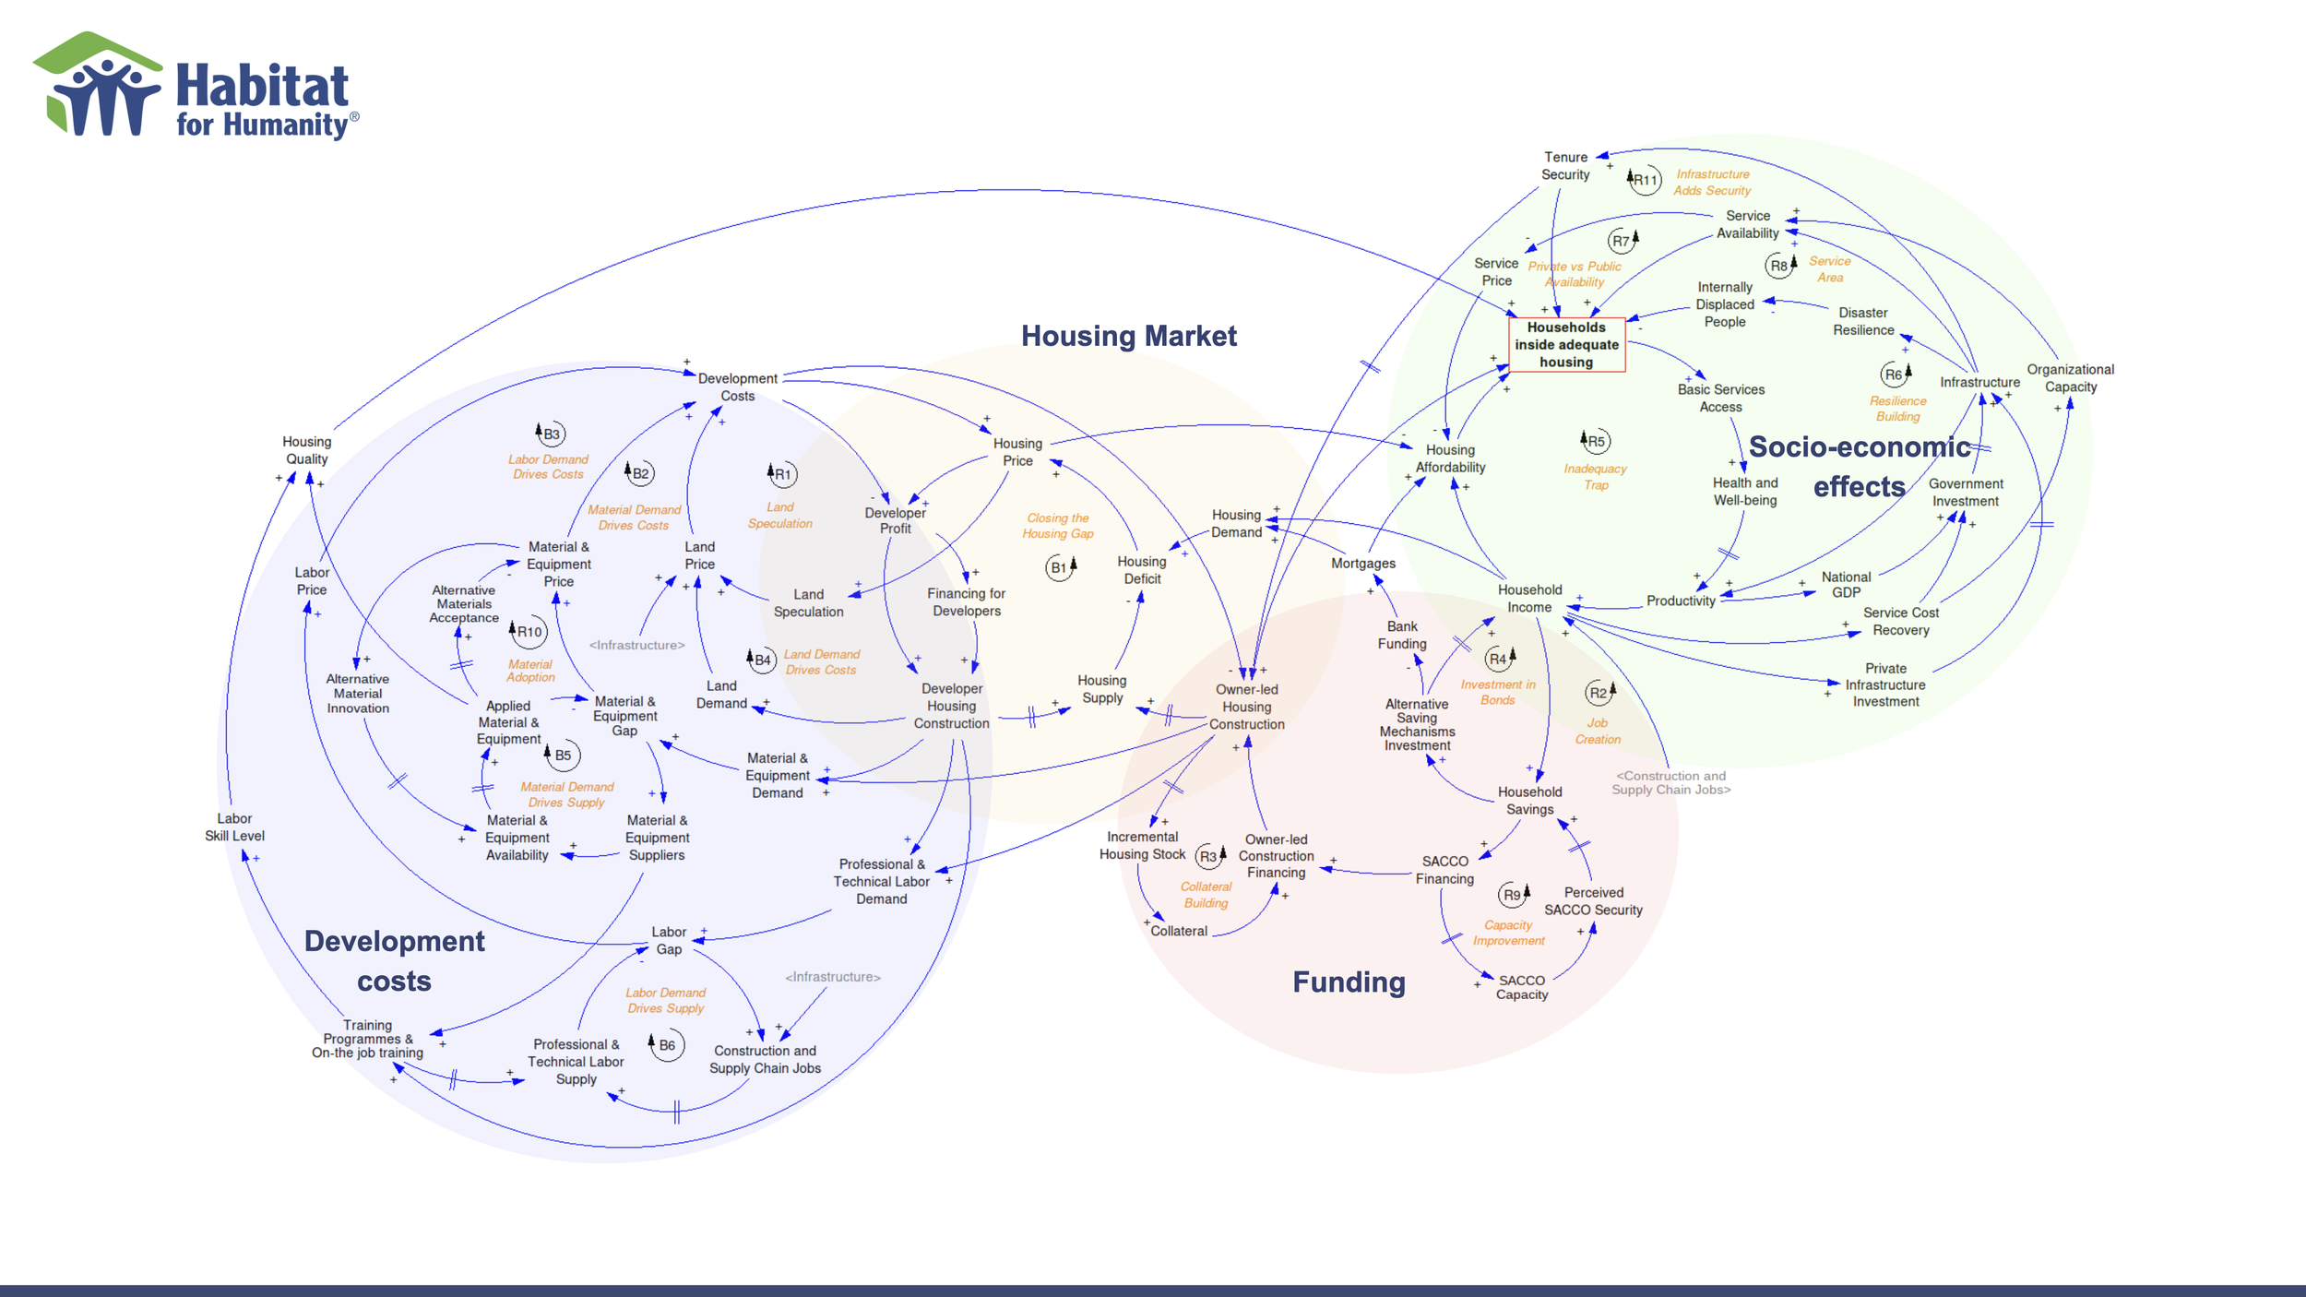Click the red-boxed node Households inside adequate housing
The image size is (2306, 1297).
(x=1566, y=345)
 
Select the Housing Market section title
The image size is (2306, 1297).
(x=1128, y=336)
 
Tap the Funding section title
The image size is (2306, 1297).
(x=1349, y=982)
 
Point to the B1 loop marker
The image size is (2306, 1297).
(x=1060, y=568)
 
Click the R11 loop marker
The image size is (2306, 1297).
(x=1645, y=180)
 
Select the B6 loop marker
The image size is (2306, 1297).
(x=666, y=1046)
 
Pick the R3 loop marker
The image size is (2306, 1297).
(x=1208, y=857)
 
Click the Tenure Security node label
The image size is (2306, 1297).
(x=1565, y=166)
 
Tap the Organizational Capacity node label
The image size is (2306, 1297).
(x=2070, y=378)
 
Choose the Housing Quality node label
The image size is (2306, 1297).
(x=306, y=450)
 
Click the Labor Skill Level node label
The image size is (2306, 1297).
(x=234, y=827)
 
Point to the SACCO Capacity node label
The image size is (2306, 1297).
(x=1521, y=987)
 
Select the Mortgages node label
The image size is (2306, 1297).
(x=1362, y=564)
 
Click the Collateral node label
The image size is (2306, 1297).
(x=1178, y=932)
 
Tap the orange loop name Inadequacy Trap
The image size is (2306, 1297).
(x=1595, y=477)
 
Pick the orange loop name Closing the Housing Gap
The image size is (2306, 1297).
(x=1058, y=526)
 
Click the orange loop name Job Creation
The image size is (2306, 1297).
(x=1598, y=732)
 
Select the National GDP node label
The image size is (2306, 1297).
(x=1846, y=585)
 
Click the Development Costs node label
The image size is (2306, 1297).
(x=737, y=387)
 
